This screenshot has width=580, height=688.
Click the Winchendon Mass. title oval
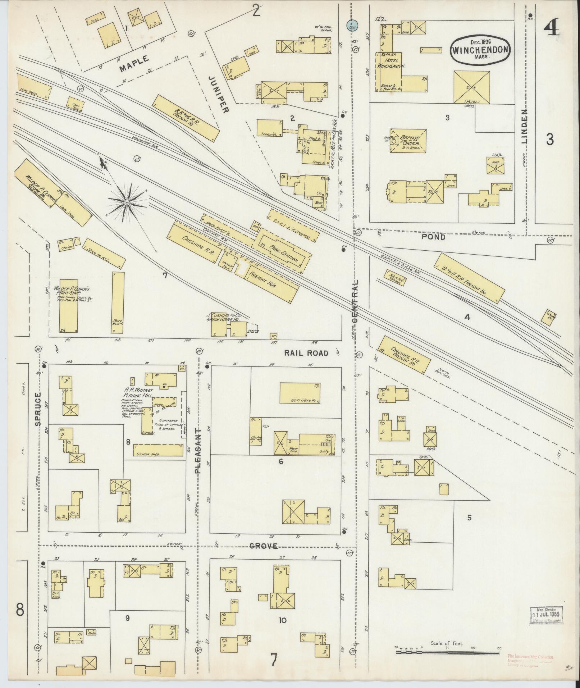[x=481, y=50]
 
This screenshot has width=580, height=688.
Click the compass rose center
[x=127, y=203]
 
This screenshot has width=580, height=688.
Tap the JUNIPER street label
[x=219, y=95]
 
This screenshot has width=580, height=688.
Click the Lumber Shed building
[x=158, y=450]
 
